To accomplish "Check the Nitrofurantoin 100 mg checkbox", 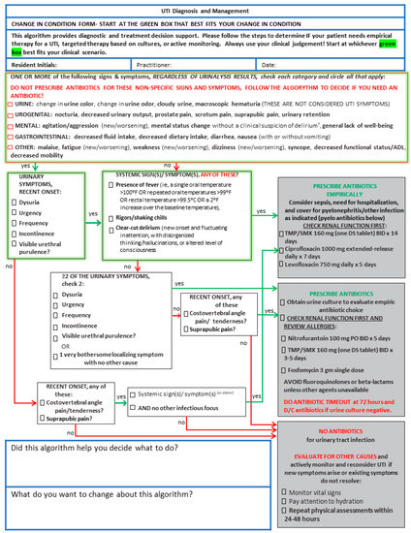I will (295, 342).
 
